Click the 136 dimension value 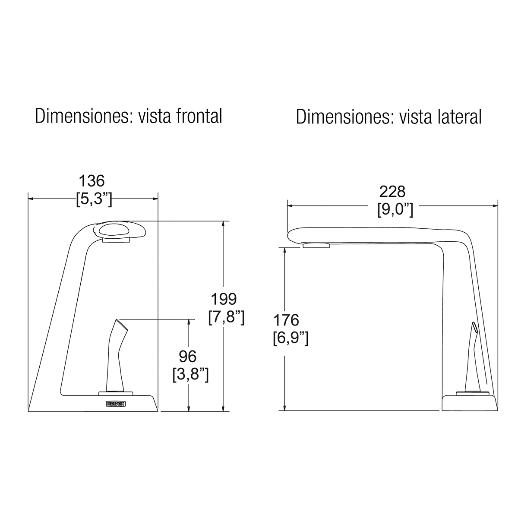point(92,181)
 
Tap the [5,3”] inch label point(94,199)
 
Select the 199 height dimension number point(224,299)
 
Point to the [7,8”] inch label point(226,317)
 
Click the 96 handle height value point(188,357)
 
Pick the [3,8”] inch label point(190,375)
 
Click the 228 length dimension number point(392,192)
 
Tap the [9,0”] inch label point(395,210)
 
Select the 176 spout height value point(286,320)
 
